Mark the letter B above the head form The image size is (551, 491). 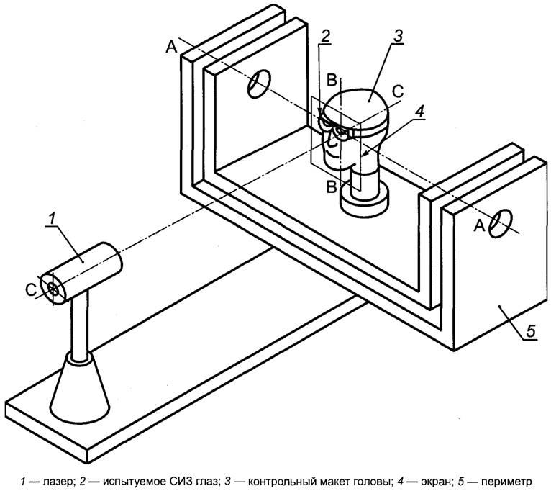tap(331, 77)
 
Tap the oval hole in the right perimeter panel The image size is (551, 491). tap(500, 222)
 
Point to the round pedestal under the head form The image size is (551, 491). tap(363, 202)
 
